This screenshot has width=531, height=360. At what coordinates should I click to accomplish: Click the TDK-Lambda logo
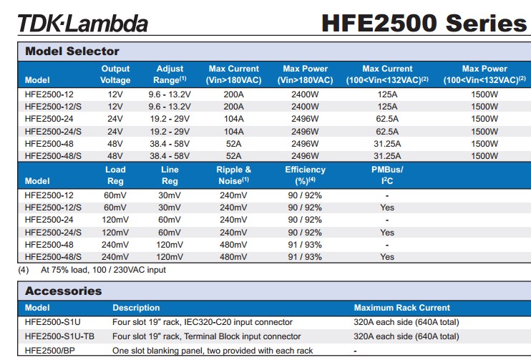coord(82,23)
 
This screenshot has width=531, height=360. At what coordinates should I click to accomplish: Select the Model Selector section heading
coord(72,51)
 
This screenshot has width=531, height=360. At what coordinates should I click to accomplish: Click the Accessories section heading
coord(64,291)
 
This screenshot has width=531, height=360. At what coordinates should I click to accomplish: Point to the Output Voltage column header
coord(115,74)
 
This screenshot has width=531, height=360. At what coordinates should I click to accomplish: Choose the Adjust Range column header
coord(170,74)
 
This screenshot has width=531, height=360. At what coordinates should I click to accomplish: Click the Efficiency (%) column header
coord(305,175)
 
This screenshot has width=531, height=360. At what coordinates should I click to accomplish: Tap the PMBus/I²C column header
coord(387,175)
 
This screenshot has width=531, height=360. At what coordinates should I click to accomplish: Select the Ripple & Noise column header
coord(233,175)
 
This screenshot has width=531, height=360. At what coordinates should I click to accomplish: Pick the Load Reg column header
coord(115,175)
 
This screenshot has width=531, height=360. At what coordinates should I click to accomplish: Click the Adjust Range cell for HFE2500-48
coord(170,143)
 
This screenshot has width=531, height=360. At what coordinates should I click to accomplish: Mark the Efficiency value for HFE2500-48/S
coord(305,256)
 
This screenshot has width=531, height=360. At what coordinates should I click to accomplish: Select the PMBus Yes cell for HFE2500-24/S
coord(387,232)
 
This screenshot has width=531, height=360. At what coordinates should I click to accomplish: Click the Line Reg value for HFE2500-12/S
coord(170,208)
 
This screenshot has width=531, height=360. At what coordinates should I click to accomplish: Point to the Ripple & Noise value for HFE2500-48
coord(233,244)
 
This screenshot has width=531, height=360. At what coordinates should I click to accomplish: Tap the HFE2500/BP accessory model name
coord(49,351)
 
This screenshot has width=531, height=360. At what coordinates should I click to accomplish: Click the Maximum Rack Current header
coord(402,308)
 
